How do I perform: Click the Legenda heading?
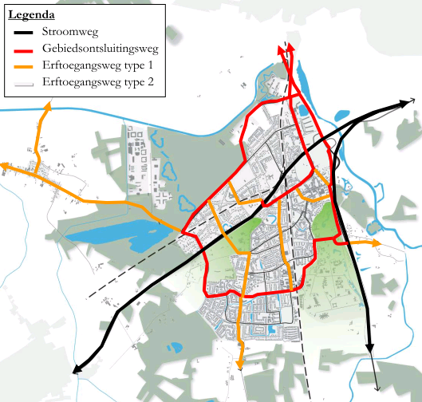point(31,15)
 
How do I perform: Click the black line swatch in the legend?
point(29,33)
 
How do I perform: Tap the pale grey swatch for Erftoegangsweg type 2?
point(29,82)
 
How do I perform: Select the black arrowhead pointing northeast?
point(409,102)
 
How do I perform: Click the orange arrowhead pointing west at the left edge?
point(5,166)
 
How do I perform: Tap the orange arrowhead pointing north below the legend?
point(48,106)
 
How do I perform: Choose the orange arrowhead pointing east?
point(377,242)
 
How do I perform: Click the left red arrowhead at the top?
point(281,51)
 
